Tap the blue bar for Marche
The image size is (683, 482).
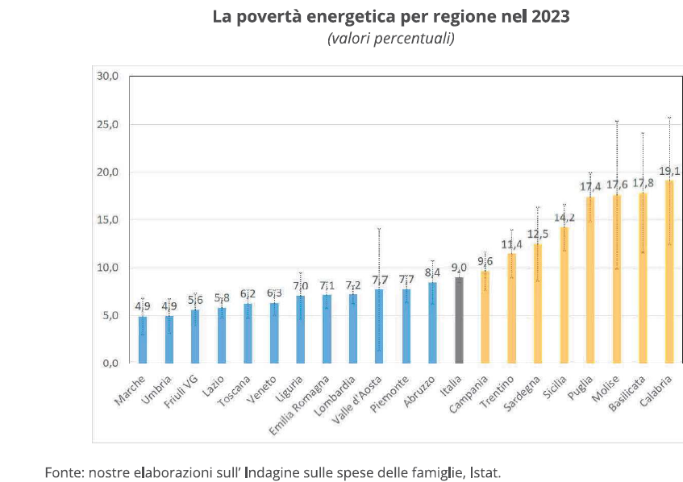tap(143, 339)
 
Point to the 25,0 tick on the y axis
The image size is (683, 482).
tap(107, 124)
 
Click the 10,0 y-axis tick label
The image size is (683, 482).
tap(107, 268)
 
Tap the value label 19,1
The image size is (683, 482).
tap(670, 171)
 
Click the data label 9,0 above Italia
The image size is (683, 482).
tap(459, 268)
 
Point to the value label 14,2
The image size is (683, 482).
tap(564, 218)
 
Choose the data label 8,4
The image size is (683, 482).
tap(432, 272)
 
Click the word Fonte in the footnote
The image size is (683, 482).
tap(62, 472)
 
